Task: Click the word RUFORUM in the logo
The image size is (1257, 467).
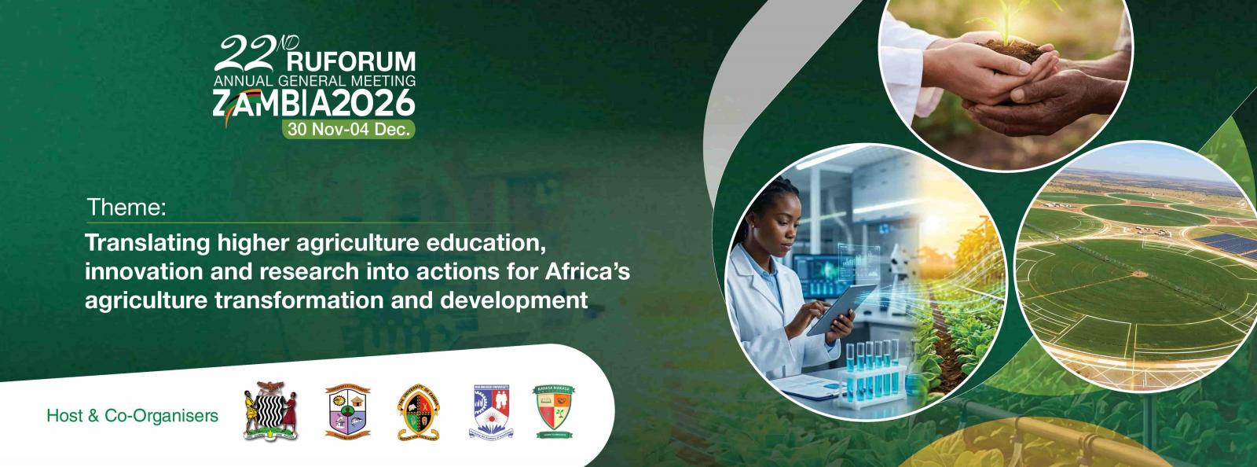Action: pos(352,62)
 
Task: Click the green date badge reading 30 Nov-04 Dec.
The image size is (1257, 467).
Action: pos(350,131)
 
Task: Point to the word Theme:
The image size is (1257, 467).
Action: pos(126,208)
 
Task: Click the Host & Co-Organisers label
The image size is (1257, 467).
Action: pos(133,415)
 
